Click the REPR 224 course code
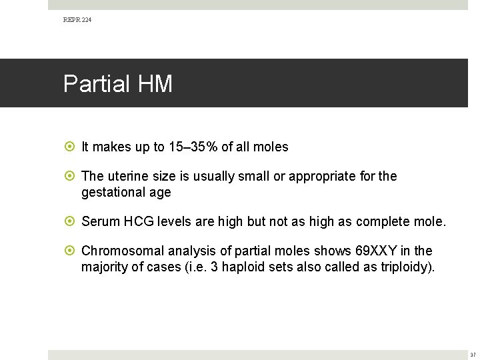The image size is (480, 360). click(x=77, y=20)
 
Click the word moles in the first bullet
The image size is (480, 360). click(x=271, y=147)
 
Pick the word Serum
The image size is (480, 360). click(x=98, y=221)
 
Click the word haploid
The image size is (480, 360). click(x=244, y=267)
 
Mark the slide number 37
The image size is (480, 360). click(x=472, y=355)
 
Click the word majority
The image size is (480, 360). click(x=104, y=267)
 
